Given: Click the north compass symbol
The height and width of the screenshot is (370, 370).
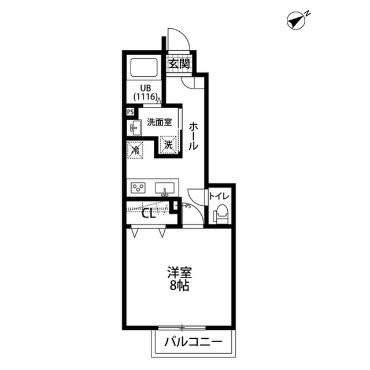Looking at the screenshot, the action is pyautogui.click(x=297, y=21).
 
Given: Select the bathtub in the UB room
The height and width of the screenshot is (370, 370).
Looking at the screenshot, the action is pyautogui.click(x=144, y=68).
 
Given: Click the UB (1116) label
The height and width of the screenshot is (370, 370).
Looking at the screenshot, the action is pyautogui.click(x=146, y=92).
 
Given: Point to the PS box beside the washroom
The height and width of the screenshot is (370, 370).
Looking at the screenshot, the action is pyautogui.click(x=130, y=112).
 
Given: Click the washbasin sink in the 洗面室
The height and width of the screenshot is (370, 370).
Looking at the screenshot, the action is pyautogui.click(x=134, y=128).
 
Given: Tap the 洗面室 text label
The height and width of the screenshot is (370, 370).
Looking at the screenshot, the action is pyautogui.click(x=160, y=122).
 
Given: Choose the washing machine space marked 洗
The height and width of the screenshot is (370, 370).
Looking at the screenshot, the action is pyautogui.click(x=168, y=145).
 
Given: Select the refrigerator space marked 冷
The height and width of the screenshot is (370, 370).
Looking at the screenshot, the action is pyautogui.click(x=135, y=150).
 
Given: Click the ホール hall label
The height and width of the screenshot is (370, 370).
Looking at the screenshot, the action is pyautogui.click(x=193, y=136).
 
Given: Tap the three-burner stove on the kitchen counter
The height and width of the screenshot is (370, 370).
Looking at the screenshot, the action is pyautogui.click(x=138, y=188).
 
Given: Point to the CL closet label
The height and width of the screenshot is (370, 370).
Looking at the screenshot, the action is pyautogui.click(x=149, y=214).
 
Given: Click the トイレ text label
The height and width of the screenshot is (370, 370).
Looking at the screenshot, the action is pyautogui.click(x=219, y=196).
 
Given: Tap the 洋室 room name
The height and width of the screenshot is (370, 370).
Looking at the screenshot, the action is pyautogui.click(x=180, y=272).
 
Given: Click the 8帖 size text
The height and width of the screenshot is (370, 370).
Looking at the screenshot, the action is pyautogui.click(x=179, y=286).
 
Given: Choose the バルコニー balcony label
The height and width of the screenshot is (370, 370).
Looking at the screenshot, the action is pyautogui.click(x=193, y=342).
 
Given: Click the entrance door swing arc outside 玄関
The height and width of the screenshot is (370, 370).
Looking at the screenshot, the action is pyautogui.click(x=182, y=35).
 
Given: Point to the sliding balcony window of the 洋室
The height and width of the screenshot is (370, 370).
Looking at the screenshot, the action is pyautogui.click(x=182, y=328).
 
